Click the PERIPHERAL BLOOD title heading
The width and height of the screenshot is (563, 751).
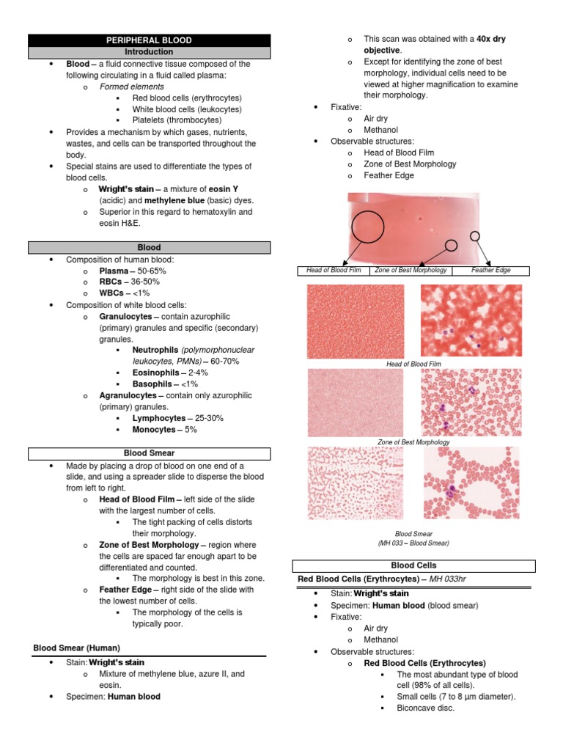(149, 40)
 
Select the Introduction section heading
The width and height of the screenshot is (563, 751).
(149, 52)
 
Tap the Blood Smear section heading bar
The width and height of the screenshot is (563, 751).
(149, 453)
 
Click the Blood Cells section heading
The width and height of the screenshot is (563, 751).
(413, 565)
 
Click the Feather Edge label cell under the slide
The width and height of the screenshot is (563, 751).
(491, 271)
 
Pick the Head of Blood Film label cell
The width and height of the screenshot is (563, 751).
(334, 271)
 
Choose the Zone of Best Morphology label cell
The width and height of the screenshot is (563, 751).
(411, 271)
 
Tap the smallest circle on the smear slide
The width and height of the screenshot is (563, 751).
(475, 235)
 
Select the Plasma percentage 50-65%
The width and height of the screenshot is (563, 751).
(150, 271)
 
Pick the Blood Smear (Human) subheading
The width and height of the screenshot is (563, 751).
(77, 648)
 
